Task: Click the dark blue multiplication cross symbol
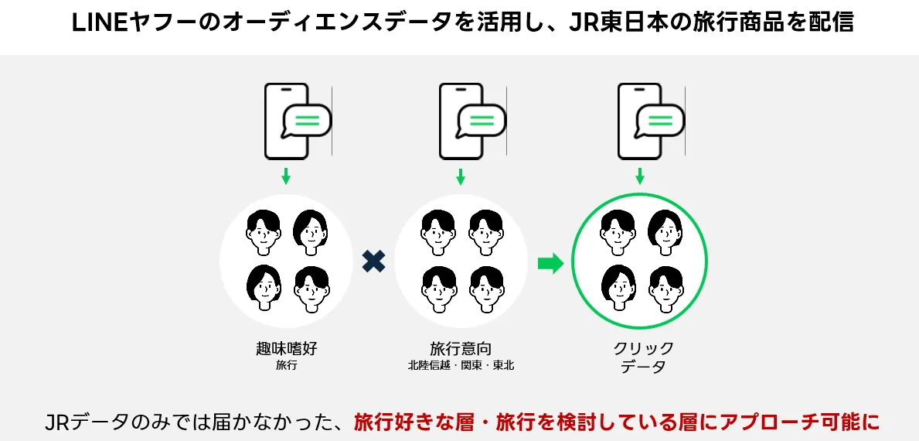click(x=374, y=262)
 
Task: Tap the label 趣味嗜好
click(x=286, y=348)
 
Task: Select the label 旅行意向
click(x=461, y=348)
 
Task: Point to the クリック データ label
click(x=638, y=357)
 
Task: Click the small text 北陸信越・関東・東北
click(x=461, y=366)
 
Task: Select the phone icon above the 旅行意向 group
click(x=468, y=121)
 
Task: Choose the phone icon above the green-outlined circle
click(x=645, y=121)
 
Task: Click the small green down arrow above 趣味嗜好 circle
click(x=286, y=176)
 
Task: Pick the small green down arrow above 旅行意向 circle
click(x=461, y=176)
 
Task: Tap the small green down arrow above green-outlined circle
click(x=639, y=176)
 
